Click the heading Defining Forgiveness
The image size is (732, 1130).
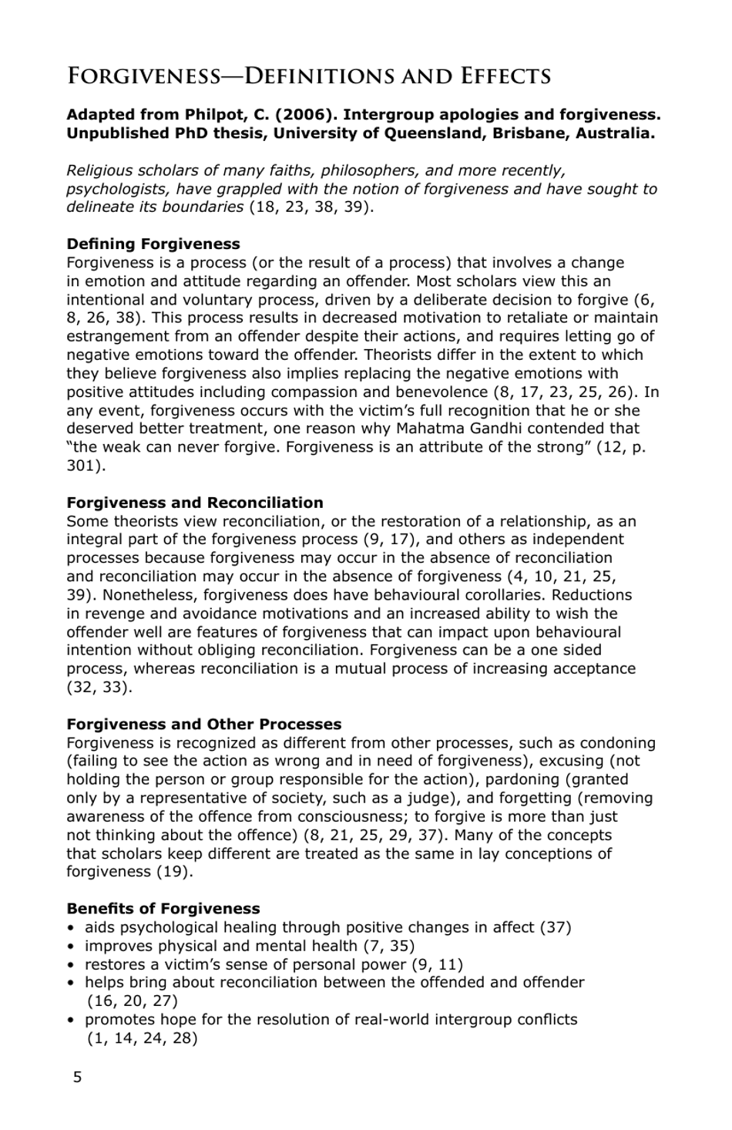coord(153,244)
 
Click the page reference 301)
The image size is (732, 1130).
coord(86,466)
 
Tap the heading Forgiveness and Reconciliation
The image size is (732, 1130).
coord(195,503)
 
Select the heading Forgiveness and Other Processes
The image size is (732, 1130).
coord(204,725)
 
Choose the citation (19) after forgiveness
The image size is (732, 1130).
coord(175,872)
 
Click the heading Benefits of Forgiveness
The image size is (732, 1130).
coord(163,909)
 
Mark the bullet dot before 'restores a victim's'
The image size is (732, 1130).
coord(72,964)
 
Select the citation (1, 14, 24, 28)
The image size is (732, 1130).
coord(143,1038)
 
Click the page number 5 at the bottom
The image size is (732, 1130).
coord(77,1078)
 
